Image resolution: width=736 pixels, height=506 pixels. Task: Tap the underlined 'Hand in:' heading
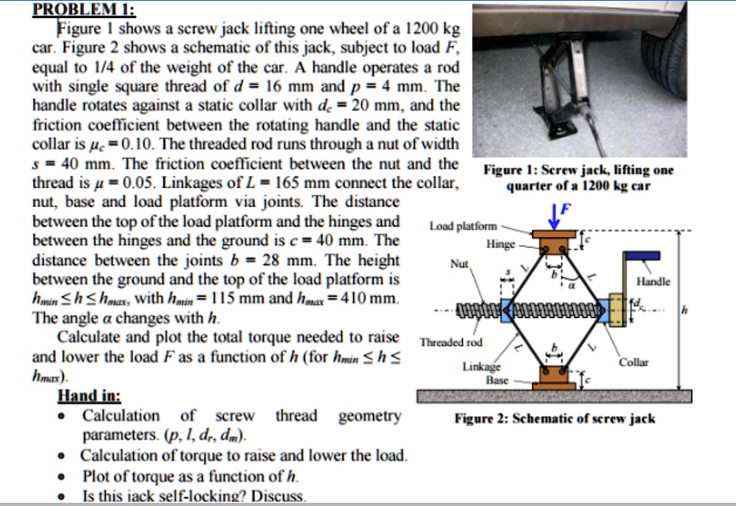pyautogui.click(x=89, y=396)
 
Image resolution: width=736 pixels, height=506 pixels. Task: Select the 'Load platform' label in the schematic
pyautogui.click(x=463, y=226)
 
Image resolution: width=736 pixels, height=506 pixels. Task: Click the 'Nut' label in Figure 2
pyautogui.click(x=459, y=264)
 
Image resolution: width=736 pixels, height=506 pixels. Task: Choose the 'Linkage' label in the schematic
pyautogui.click(x=481, y=367)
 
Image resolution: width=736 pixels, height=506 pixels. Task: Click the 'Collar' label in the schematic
pyautogui.click(x=633, y=362)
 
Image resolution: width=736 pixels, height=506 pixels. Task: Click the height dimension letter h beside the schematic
pyautogui.click(x=684, y=310)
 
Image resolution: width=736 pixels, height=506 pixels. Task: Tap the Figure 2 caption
pyautogui.click(x=554, y=419)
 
